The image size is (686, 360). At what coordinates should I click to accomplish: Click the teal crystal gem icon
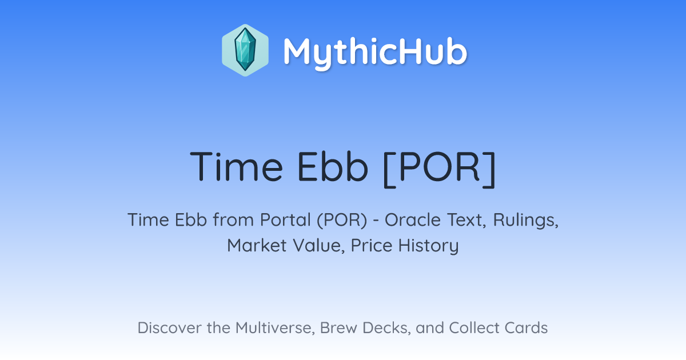[245, 50]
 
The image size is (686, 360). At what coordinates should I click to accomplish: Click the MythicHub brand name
[375, 52]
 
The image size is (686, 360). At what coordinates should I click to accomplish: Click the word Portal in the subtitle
[285, 220]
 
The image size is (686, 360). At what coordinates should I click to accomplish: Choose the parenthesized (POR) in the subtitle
[342, 221]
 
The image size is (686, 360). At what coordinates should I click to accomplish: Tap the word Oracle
[413, 220]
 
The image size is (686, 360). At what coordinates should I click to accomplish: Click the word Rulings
[526, 221]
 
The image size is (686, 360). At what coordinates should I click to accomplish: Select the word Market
[257, 246]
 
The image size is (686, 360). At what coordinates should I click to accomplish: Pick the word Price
[372, 246]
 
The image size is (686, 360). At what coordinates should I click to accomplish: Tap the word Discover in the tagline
[169, 328]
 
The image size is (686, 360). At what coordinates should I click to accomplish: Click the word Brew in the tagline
[338, 328]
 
